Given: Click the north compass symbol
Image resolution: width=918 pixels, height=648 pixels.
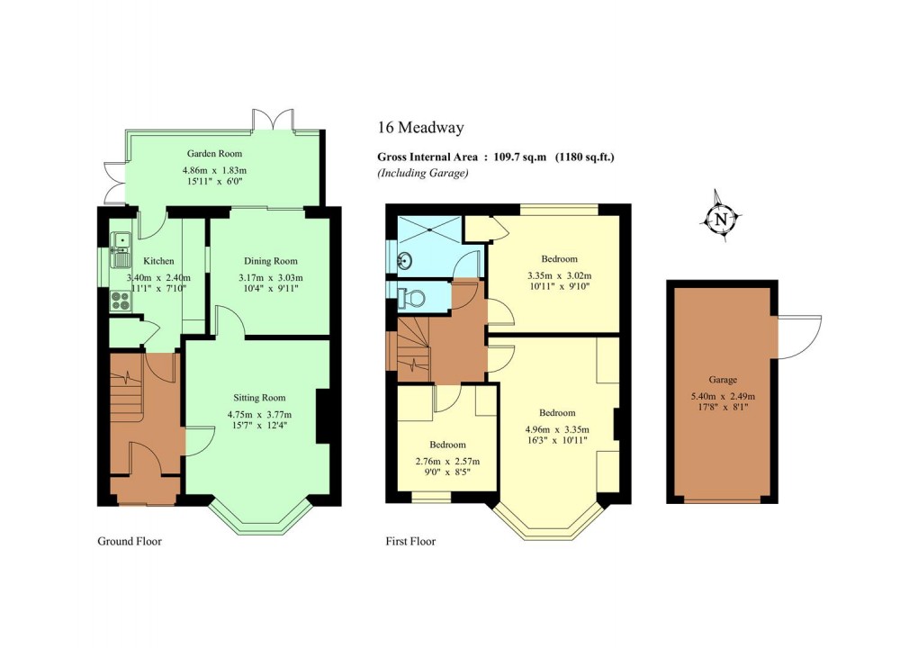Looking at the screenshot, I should (720, 218).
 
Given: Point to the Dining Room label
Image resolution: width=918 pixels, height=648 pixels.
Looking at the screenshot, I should (270, 260).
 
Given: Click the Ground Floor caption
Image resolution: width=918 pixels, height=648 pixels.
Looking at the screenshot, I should (129, 542).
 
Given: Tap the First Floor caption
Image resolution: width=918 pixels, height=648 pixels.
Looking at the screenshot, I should (410, 542).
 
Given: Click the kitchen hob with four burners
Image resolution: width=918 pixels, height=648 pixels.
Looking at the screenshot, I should (120, 302).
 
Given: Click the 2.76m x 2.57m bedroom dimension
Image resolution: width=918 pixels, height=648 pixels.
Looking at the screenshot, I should (447, 462).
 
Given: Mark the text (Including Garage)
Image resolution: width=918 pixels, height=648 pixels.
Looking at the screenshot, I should (423, 173).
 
